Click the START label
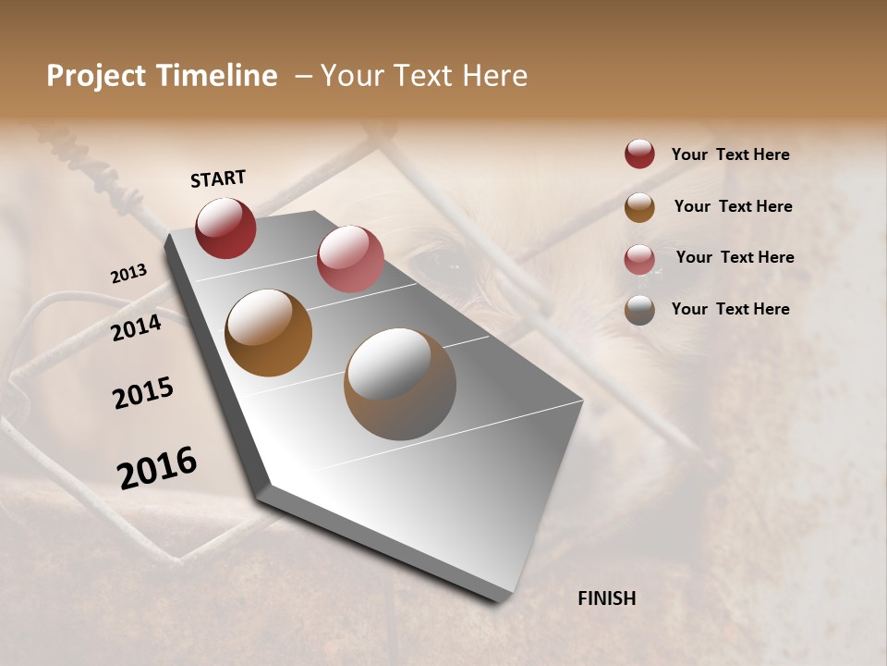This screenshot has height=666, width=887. [218, 179]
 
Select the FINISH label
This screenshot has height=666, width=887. [607, 598]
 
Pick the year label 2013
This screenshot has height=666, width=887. [128, 274]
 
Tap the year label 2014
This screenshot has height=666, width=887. [137, 327]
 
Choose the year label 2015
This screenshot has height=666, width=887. [143, 393]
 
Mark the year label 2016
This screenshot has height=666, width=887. [157, 467]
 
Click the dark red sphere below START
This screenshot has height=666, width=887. [225, 228]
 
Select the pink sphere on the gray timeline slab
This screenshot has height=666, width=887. [350, 258]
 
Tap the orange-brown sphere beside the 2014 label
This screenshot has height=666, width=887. [269, 333]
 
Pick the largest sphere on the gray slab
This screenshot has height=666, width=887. [400, 384]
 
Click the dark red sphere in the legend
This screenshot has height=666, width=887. [639, 154]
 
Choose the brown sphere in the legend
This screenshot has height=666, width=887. [639, 206]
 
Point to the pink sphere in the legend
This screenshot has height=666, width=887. [639, 259]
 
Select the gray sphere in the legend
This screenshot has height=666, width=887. [639, 310]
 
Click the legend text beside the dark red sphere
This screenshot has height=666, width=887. [730, 154]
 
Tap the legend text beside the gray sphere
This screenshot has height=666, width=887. [730, 309]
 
